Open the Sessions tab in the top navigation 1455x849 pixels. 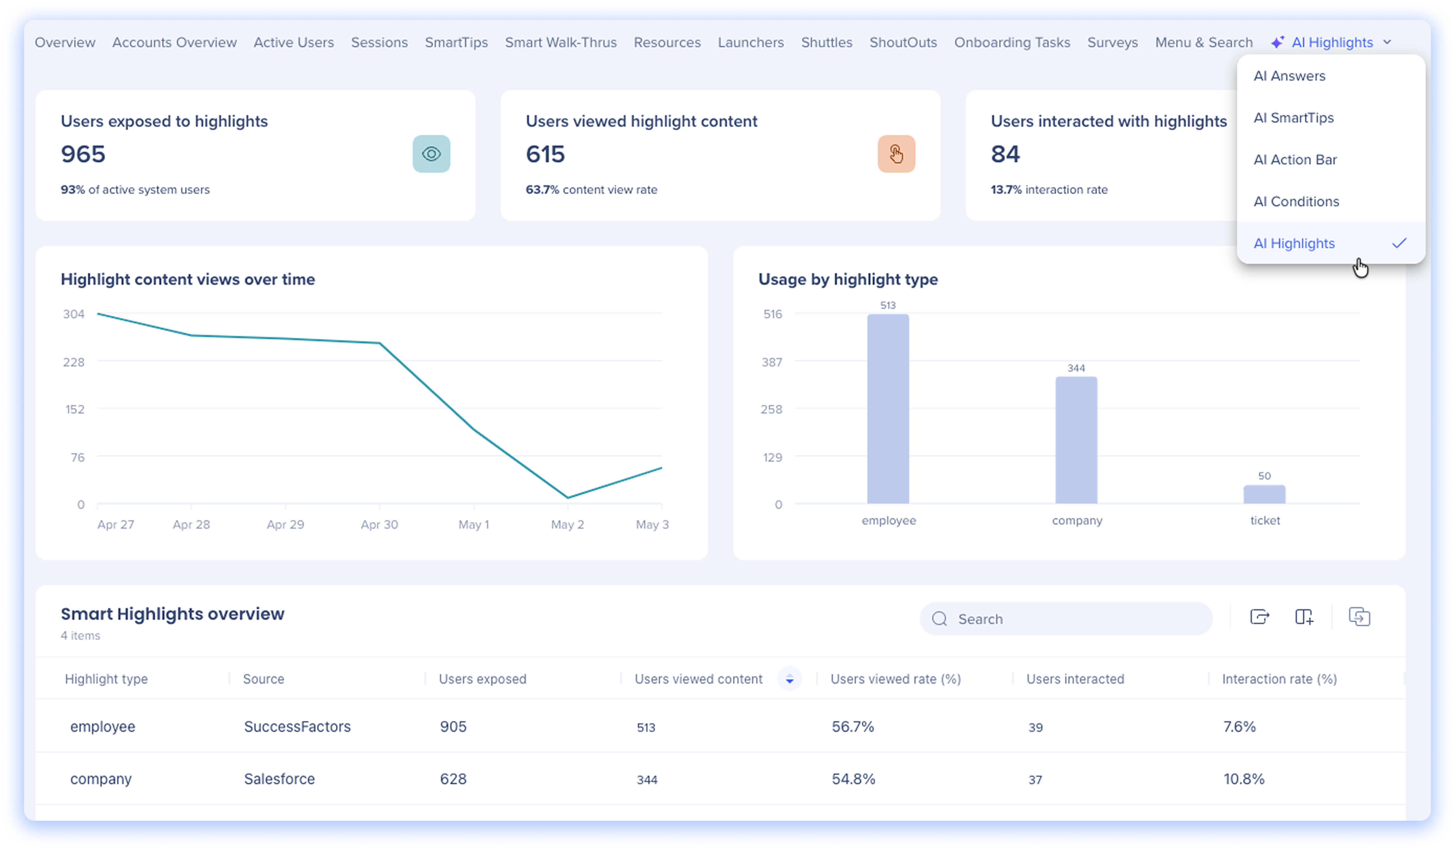point(379,42)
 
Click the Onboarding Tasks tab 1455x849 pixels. point(1012,42)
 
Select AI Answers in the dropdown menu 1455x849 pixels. point(1289,76)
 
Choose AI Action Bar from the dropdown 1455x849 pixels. point(1295,159)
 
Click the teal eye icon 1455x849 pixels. point(431,154)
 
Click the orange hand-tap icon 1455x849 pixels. point(896,154)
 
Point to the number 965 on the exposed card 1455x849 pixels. point(83,154)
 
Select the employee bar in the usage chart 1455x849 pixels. point(888,409)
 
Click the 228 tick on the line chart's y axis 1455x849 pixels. point(74,362)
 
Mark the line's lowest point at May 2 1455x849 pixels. point(568,498)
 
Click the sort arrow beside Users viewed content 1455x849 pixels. point(789,679)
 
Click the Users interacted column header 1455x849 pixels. point(1075,679)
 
